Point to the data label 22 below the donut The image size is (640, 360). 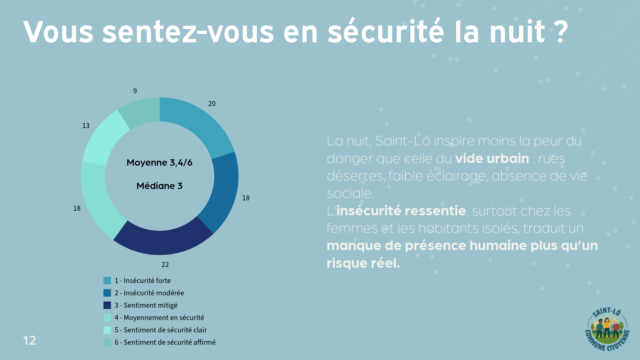point(165,265)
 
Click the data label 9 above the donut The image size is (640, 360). point(135,91)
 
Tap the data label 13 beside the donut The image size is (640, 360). point(86,126)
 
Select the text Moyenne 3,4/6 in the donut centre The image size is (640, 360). point(159,163)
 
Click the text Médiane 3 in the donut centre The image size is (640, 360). point(159,186)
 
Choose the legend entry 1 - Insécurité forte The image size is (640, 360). point(143,281)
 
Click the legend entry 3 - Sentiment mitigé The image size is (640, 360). point(146,305)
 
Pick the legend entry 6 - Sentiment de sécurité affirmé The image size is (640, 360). point(165,342)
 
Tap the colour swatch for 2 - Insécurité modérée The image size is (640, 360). point(107,293)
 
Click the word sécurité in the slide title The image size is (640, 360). point(386,32)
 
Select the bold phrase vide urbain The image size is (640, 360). point(492,159)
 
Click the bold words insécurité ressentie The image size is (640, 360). point(401,211)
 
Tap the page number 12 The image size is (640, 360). point(29,340)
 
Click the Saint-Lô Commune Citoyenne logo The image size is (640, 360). point(607,329)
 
